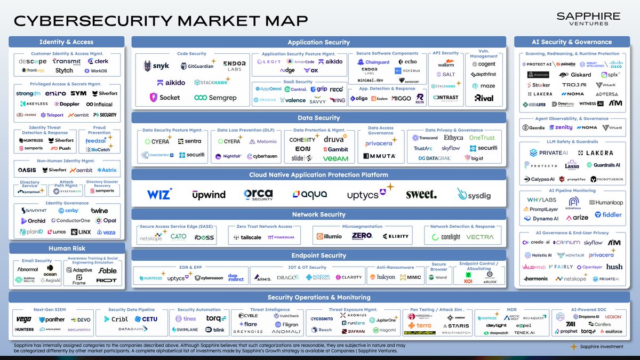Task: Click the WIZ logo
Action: (x=159, y=194)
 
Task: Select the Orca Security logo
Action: (x=258, y=194)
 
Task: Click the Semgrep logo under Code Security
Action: (x=215, y=98)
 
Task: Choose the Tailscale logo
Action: (x=247, y=237)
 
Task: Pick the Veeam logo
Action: (x=335, y=158)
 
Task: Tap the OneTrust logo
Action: (x=482, y=138)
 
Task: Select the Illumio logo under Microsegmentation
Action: (x=329, y=236)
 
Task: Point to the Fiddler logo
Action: (x=608, y=215)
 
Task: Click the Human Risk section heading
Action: (x=67, y=248)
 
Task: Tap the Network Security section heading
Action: (x=318, y=214)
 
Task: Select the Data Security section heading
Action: (x=318, y=118)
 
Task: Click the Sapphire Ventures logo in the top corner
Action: (x=588, y=19)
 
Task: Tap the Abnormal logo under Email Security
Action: (x=28, y=269)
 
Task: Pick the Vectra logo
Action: (x=479, y=237)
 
